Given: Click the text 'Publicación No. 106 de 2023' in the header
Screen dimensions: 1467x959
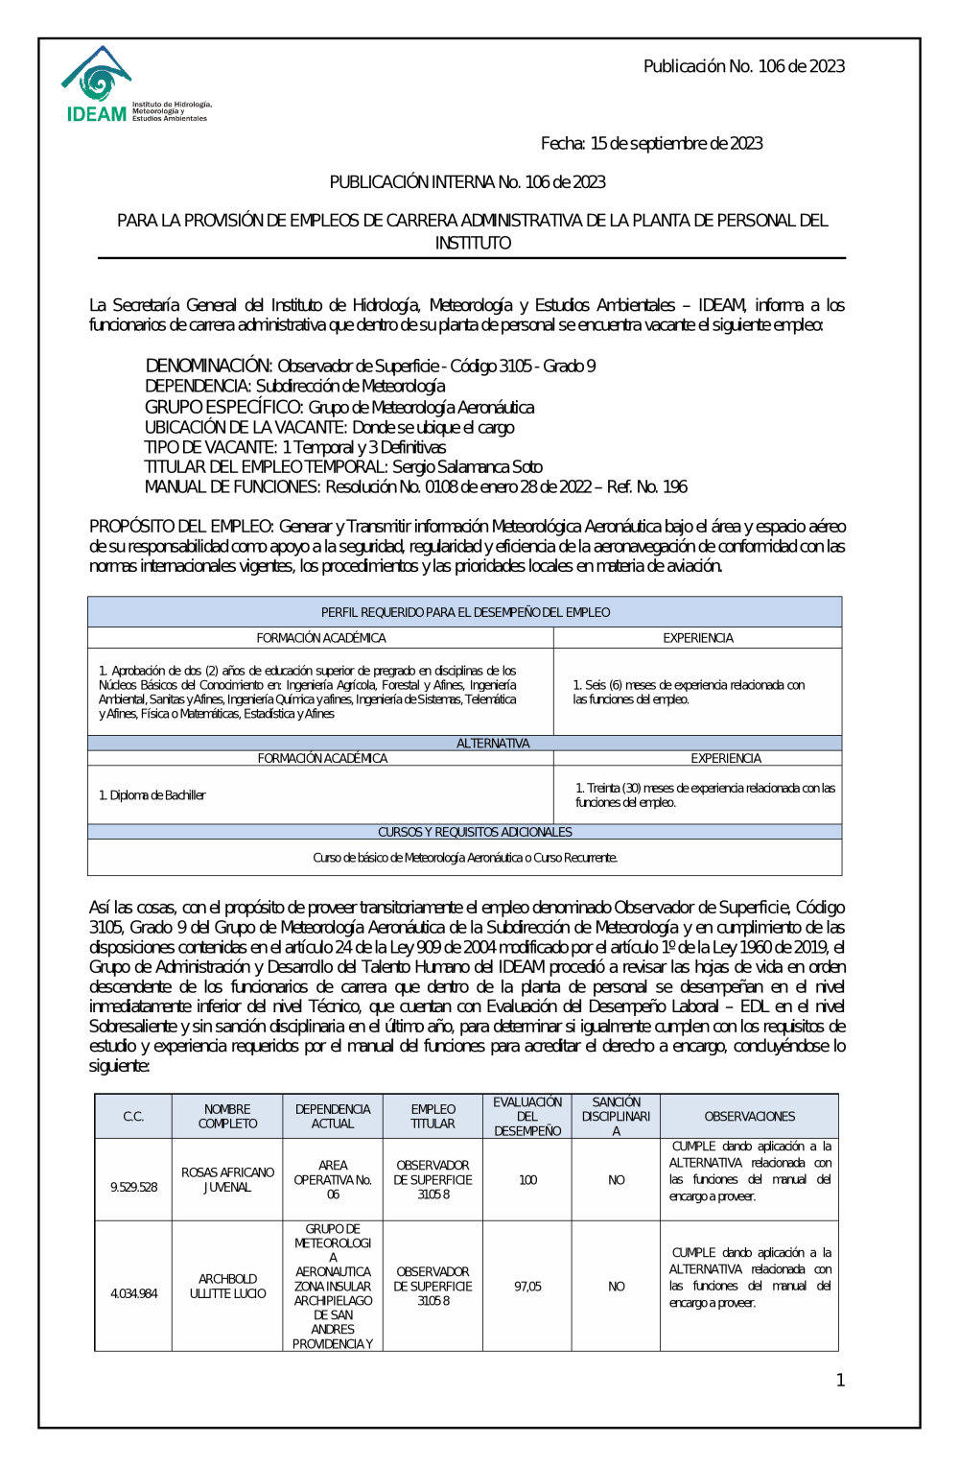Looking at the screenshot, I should tap(743, 66).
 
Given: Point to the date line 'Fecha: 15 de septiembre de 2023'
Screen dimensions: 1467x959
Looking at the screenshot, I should tap(651, 144).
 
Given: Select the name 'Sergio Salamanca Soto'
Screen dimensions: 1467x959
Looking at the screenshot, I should tap(467, 467).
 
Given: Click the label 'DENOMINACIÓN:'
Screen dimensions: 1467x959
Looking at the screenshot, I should tap(209, 366).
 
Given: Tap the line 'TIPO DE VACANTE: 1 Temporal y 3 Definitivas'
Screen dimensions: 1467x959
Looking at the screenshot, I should tap(294, 447).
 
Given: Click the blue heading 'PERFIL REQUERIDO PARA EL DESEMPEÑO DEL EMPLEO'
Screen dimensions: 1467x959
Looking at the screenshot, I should tap(465, 612).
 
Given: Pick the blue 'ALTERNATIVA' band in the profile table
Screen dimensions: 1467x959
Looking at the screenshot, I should tap(492, 744).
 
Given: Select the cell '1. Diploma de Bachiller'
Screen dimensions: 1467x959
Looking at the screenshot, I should tap(152, 795).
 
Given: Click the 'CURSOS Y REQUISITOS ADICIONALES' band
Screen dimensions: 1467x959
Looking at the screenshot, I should tap(475, 832).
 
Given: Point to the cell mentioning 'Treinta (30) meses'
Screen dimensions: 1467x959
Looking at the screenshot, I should tap(705, 794).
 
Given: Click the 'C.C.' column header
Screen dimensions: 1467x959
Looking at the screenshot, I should tap(133, 1117).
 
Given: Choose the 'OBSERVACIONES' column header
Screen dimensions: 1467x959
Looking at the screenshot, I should tap(749, 1117).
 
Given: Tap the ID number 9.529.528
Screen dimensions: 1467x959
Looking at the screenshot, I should tap(133, 1187).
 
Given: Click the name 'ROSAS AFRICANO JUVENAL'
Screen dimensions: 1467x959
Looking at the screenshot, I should tap(227, 1180).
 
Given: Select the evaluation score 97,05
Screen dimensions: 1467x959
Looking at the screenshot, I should tap(527, 1287).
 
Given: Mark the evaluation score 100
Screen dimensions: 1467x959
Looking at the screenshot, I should tap(527, 1180).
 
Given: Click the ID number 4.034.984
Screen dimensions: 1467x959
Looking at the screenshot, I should tap(133, 1293).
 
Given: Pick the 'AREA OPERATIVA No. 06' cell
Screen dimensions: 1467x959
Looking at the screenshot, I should tap(333, 1180).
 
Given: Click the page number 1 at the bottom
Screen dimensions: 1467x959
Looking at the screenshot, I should tap(840, 1381).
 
